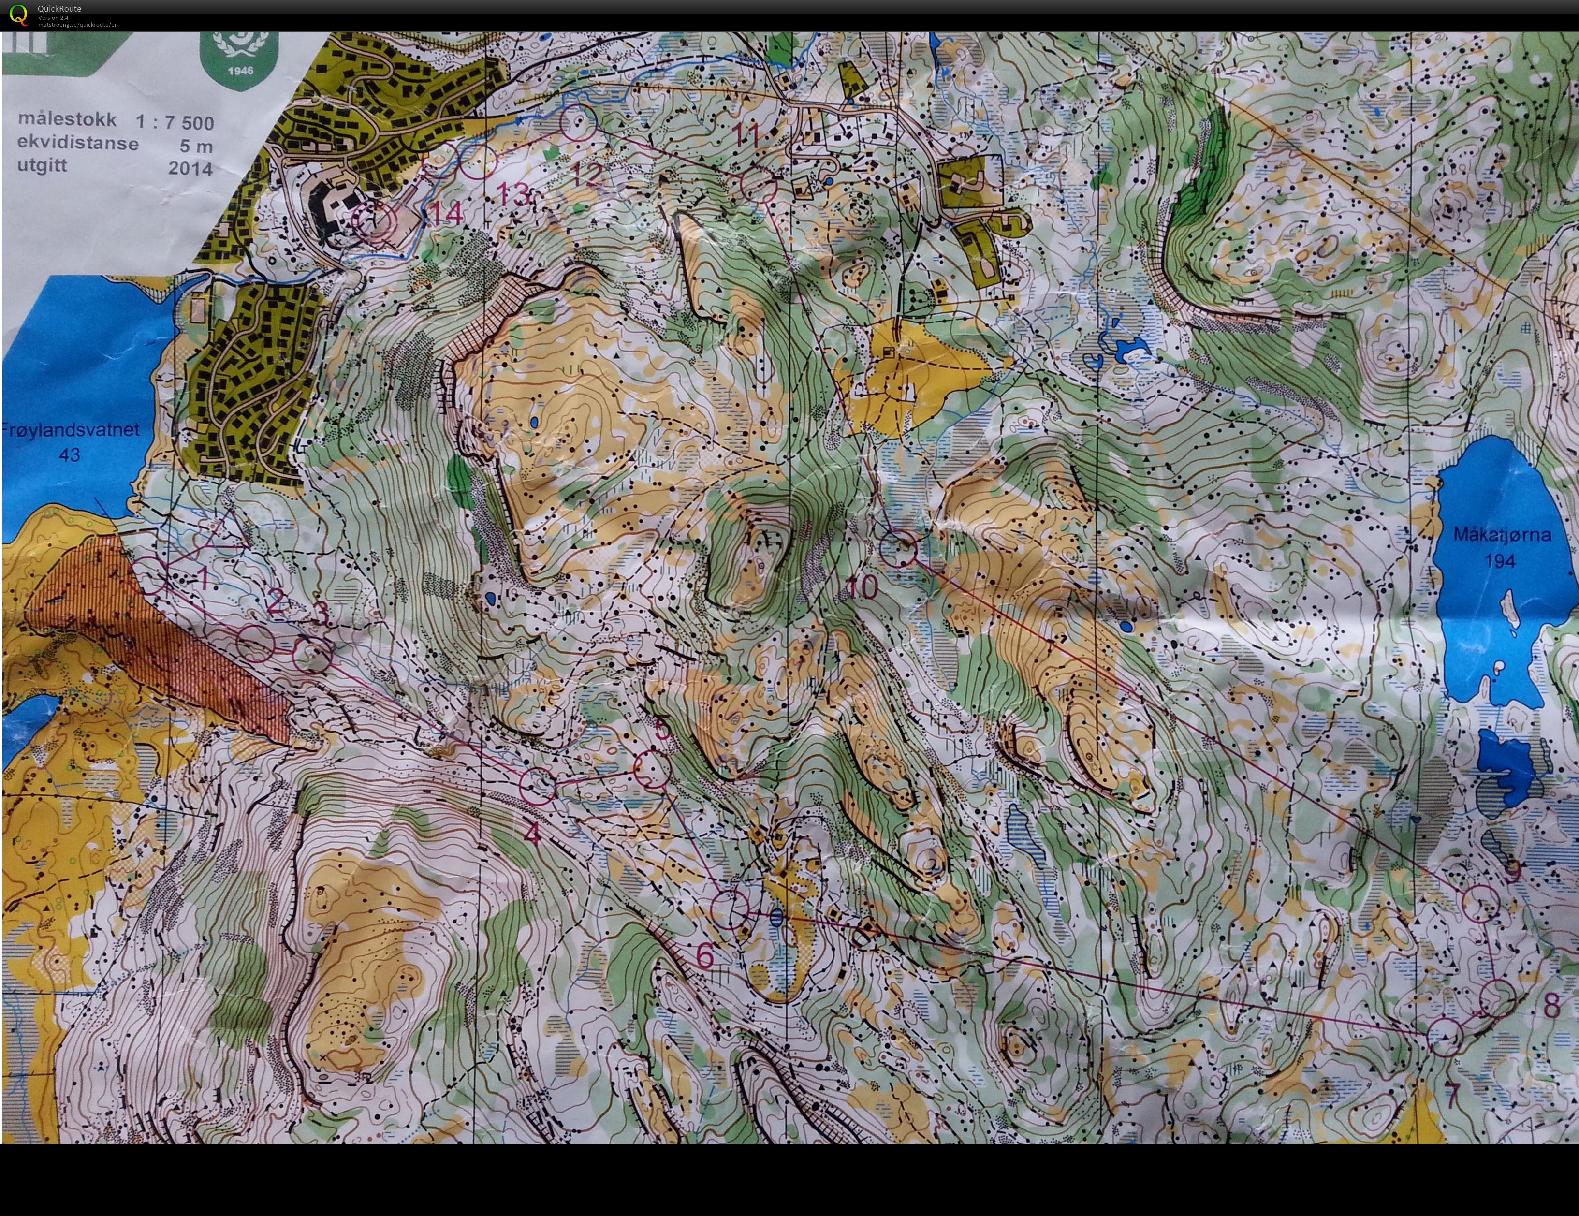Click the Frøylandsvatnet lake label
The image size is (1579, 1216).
coord(70,429)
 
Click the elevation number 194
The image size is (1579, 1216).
coord(1500,561)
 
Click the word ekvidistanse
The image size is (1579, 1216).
coord(78,143)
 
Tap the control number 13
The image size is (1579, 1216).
coord(514,194)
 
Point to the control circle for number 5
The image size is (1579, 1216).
coord(649,769)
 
